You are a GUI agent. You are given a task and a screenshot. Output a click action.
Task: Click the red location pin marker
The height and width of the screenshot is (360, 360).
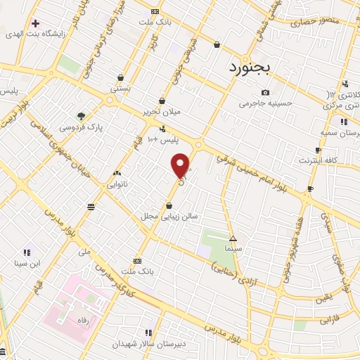point(181,165)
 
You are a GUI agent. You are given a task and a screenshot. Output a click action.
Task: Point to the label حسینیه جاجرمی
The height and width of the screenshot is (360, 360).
point(264,104)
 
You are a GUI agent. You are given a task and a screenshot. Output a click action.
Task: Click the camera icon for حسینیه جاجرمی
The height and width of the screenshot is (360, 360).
point(265,93)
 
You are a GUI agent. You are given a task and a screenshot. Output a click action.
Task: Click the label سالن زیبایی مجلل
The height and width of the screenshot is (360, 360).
point(169,217)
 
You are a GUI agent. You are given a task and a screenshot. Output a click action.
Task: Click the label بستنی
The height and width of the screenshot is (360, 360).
point(120,89)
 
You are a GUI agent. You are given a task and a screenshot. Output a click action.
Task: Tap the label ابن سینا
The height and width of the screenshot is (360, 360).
point(25,264)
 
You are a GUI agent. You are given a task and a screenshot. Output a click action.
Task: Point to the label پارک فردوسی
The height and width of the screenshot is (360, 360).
point(82,127)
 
